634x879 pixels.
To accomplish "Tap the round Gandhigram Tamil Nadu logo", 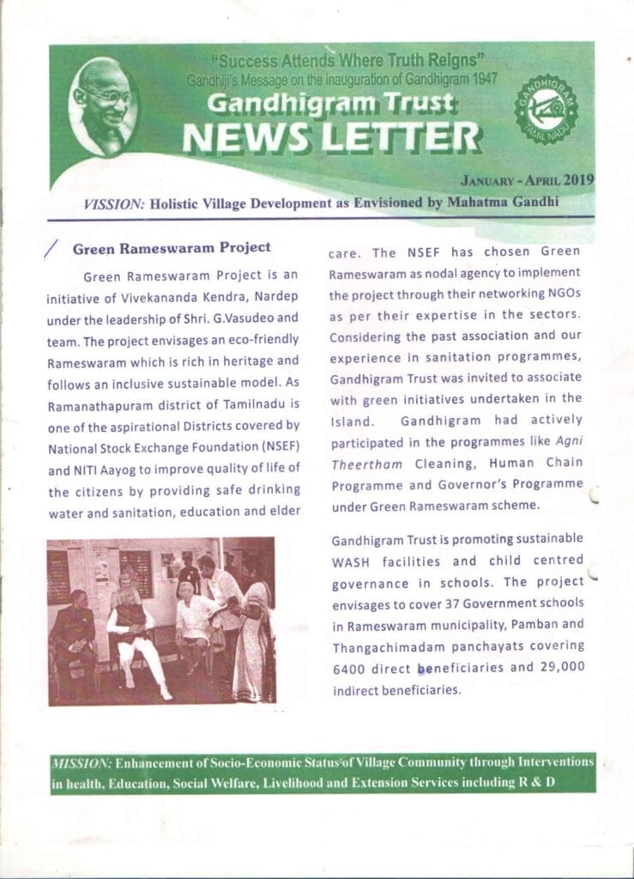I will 546,108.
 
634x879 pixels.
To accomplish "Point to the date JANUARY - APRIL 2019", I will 527,181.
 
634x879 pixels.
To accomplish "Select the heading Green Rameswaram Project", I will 172,248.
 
